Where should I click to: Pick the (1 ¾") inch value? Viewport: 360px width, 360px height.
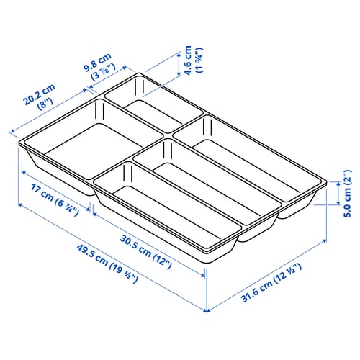199,63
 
